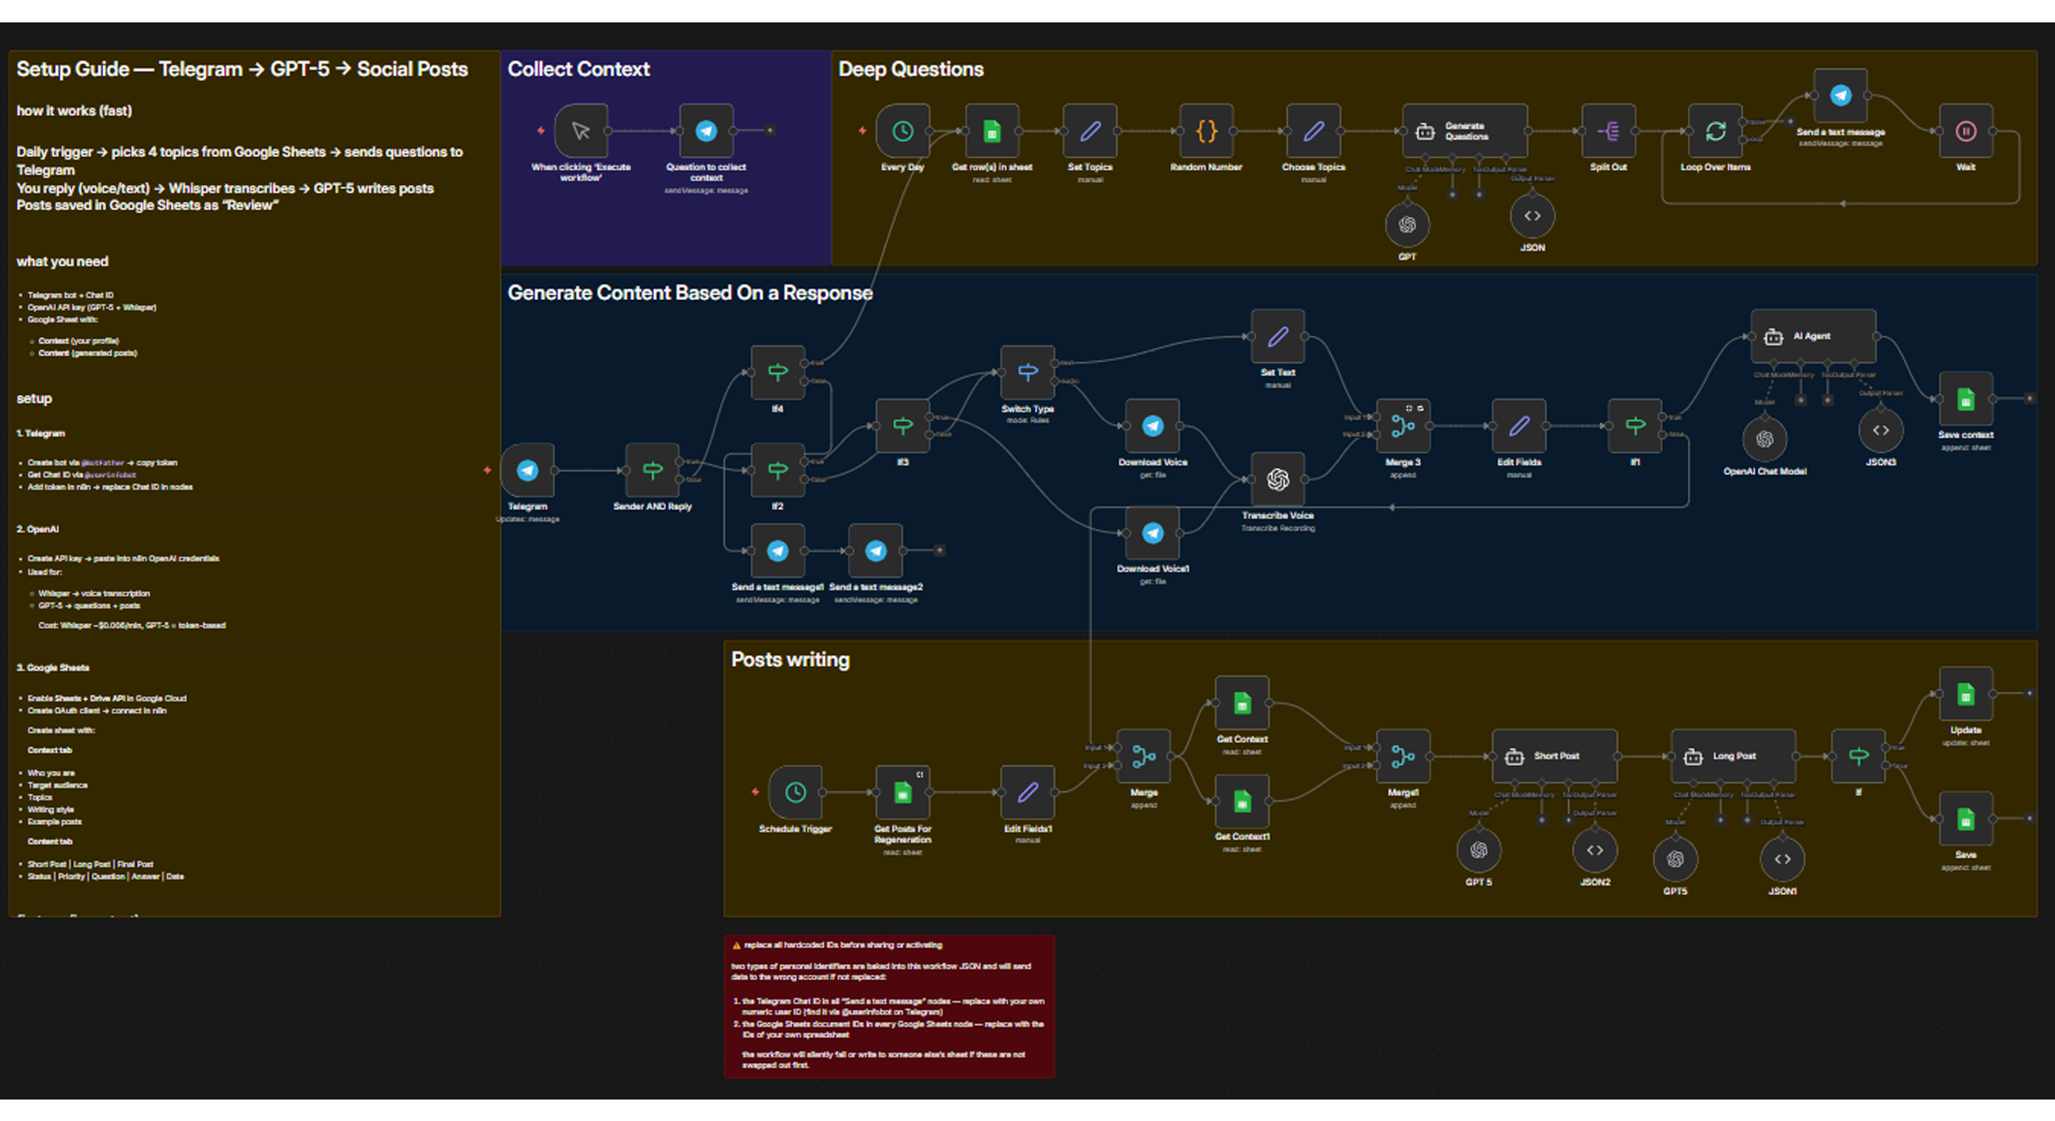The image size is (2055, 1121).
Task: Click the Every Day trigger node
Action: click(902, 132)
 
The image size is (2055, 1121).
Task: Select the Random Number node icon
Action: click(1206, 132)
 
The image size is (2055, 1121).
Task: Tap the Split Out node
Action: click(1609, 132)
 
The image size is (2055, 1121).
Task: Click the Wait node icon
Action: click(1965, 132)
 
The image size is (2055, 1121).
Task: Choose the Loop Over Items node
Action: click(1715, 132)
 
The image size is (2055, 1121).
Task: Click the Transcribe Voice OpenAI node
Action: click(1278, 479)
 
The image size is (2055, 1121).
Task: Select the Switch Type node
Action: click(1027, 373)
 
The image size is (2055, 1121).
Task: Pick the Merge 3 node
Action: click(1403, 426)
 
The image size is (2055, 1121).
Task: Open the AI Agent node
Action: click(1812, 336)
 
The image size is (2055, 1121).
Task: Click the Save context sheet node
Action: click(1965, 400)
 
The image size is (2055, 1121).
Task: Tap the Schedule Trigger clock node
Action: click(795, 792)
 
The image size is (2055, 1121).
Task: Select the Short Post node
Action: click(1554, 756)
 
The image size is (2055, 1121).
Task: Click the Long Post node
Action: click(1733, 756)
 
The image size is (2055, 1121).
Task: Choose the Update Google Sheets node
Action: click(1965, 695)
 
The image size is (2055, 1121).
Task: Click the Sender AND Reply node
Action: click(652, 470)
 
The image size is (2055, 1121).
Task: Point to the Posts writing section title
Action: click(790, 660)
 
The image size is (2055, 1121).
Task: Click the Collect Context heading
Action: click(578, 69)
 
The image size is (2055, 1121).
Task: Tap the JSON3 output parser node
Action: click(1880, 431)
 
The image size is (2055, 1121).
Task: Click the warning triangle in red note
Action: click(736, 945)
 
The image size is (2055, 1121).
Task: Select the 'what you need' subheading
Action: click(63, 262)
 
